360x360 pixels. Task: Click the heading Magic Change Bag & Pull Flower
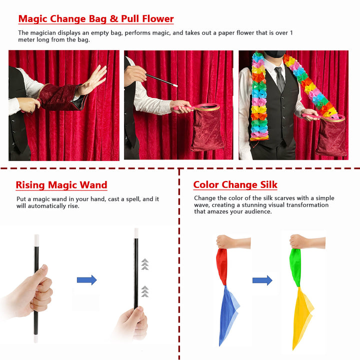click(96, 19)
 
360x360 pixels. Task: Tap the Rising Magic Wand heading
click(61, 185)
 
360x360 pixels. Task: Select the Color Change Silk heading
click(235, 185)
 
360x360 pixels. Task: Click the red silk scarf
click(222, 266)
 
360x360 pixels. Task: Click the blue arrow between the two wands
click(87, 280)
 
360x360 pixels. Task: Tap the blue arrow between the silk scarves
click(262, 280)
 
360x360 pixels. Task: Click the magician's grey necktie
click(280, 79)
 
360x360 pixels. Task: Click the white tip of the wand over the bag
click(175, 85)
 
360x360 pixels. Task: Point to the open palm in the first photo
click(94, 79)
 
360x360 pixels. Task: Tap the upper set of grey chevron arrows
click(145, 264)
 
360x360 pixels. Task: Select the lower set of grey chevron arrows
click(145, 291)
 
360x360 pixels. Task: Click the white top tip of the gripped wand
click(36, 240)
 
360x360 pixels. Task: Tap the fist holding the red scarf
click(225, 242)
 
